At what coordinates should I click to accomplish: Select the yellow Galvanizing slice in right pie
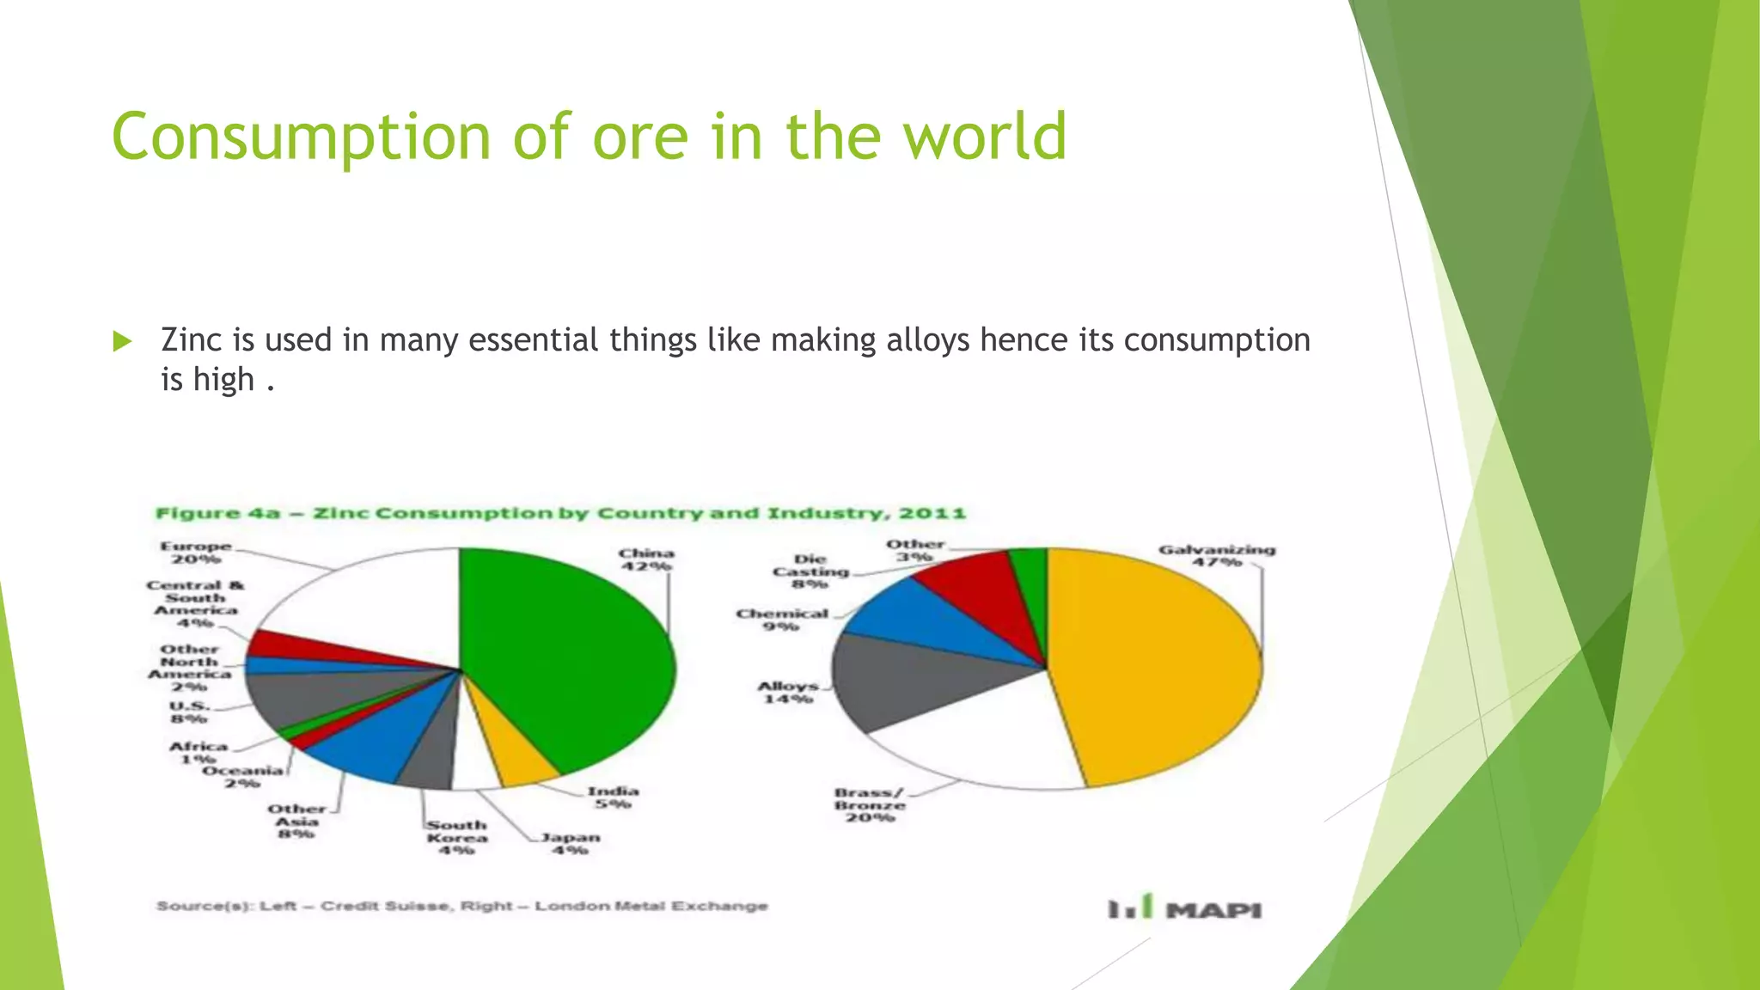click(x=1160, y=670)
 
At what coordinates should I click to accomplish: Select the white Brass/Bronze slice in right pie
click(x=988, y=739)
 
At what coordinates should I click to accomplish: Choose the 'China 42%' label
click(x=646, y=559)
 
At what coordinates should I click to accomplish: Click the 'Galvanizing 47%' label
click(x=1216, y=555)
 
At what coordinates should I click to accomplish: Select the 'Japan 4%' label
click(x=570, y=843)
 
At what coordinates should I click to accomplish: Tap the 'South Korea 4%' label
click(x=456, y=837)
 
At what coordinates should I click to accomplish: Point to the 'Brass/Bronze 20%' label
click(x=869, y=805)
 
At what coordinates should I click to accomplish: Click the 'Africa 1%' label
click(x=199, y=753)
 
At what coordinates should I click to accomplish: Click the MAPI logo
click(x=1186, y=908)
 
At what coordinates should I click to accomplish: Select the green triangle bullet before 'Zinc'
click(x=122, y=341)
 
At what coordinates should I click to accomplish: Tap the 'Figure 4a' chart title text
click(x=217, y=514)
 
